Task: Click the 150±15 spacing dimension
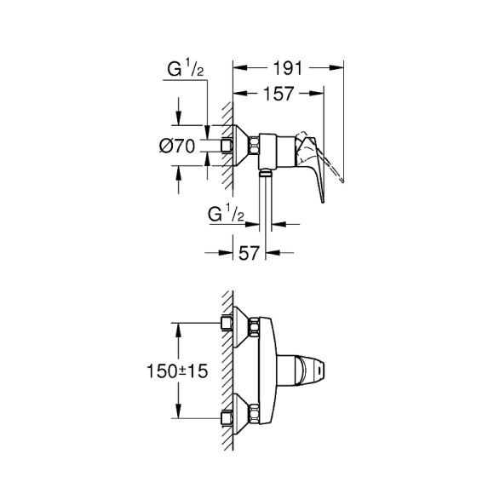point(170,372)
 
